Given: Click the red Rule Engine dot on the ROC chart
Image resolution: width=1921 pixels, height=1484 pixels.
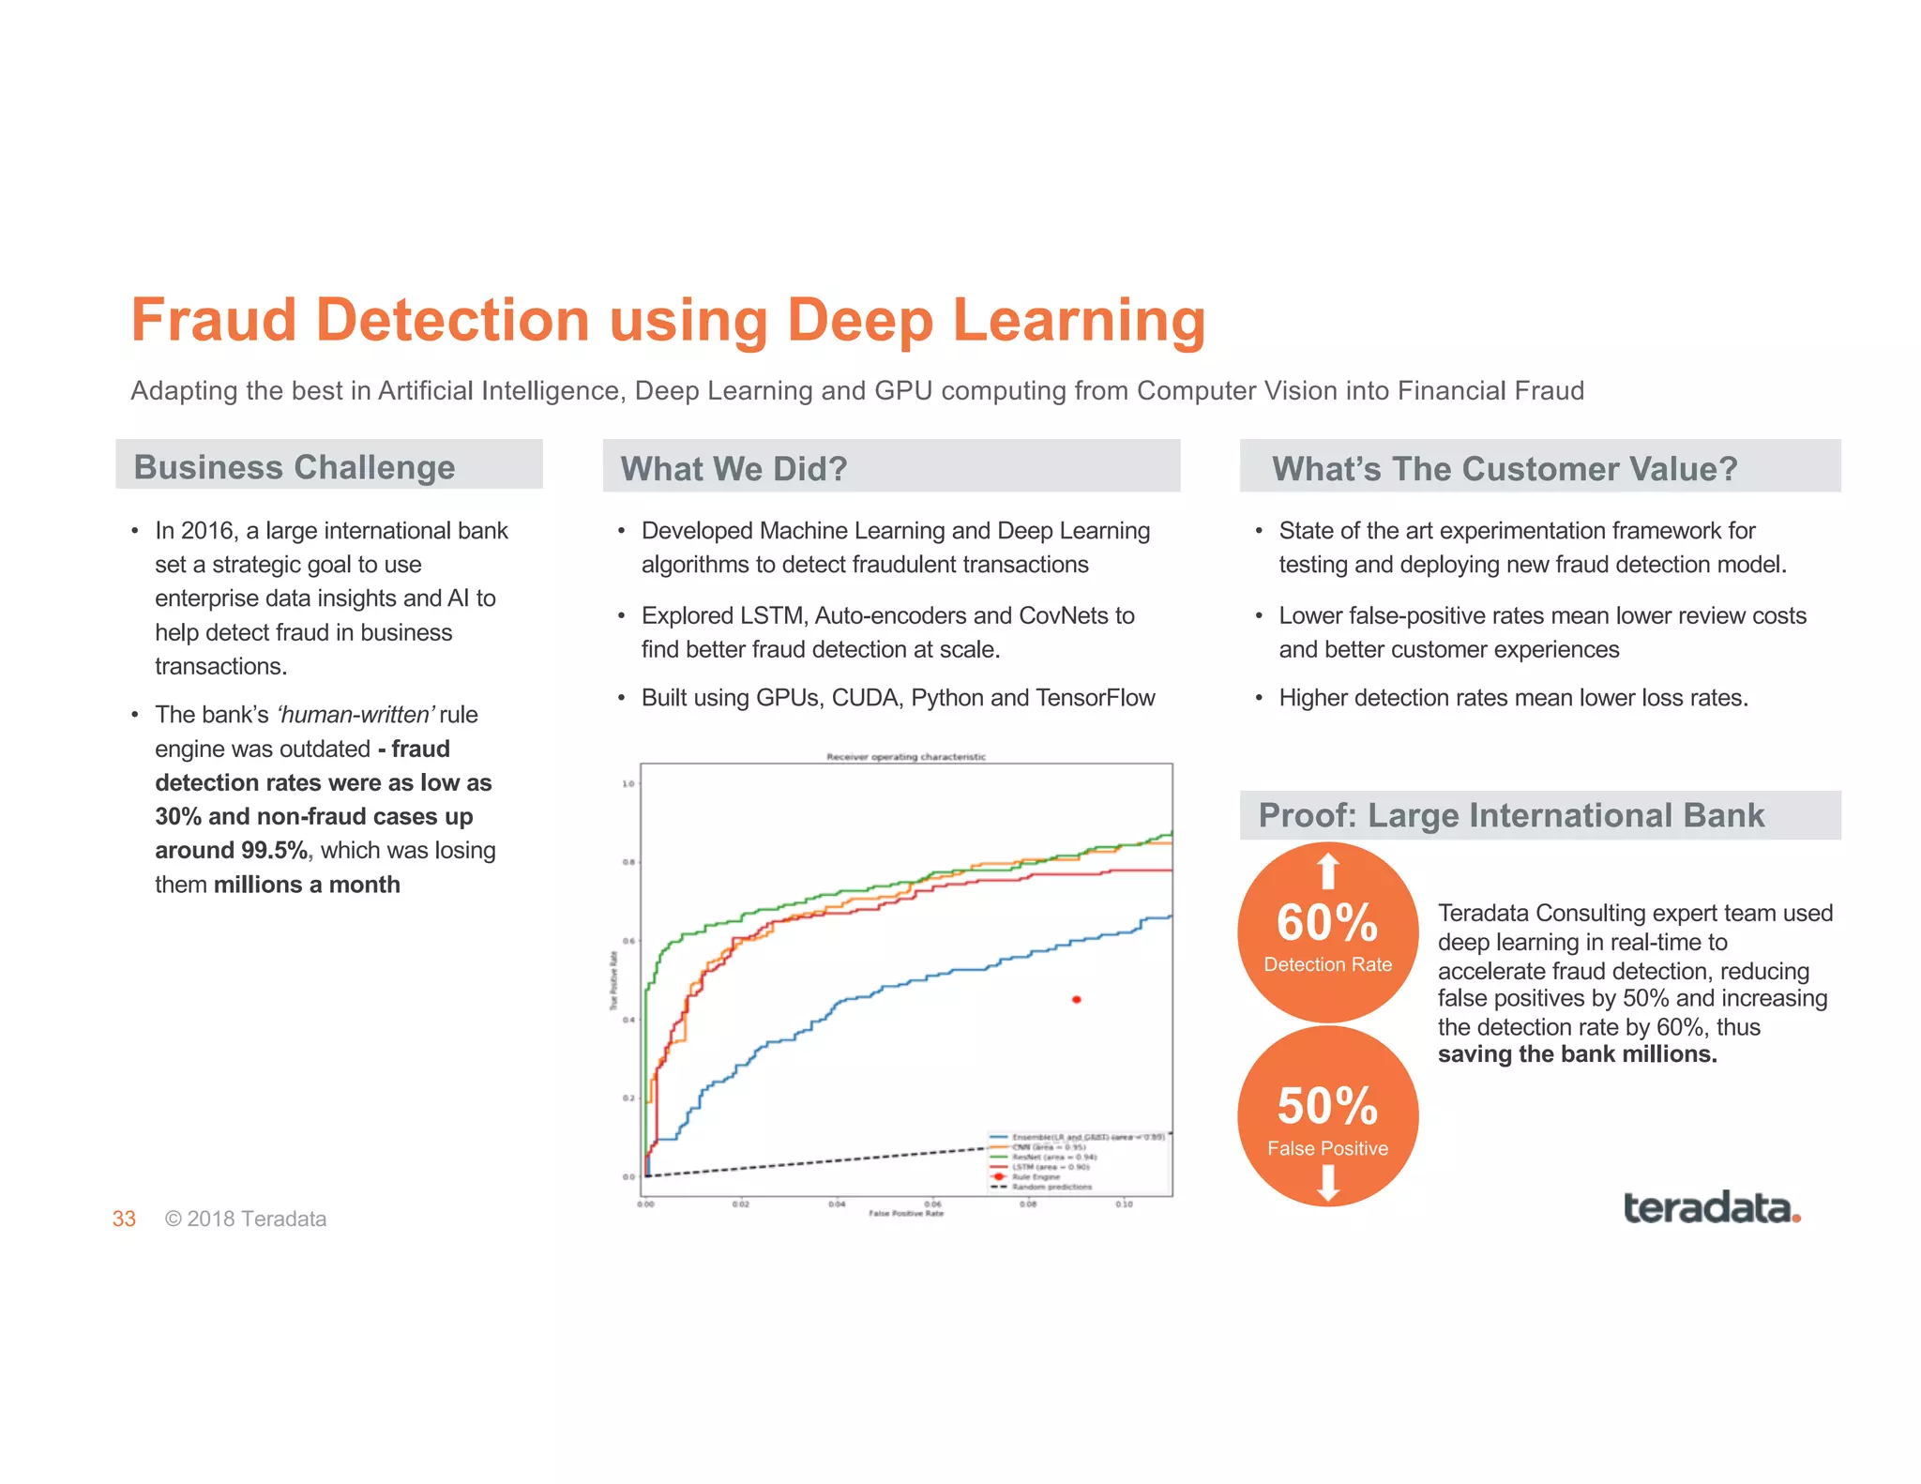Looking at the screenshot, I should coord(1076,1000).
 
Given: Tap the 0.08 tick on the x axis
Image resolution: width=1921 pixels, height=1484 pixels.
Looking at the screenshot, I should coord(1028,1204).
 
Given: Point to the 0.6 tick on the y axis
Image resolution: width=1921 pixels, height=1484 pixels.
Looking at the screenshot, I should coord(628,941).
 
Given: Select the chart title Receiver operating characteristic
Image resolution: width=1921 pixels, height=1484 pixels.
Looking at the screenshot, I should coord(905,757).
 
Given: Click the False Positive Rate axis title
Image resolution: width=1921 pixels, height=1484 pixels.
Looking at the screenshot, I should coord(905,1214).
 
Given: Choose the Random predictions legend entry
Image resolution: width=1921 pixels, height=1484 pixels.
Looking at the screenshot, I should coord(1051,1187).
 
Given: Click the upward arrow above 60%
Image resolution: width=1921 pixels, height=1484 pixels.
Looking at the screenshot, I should coord(1327,871).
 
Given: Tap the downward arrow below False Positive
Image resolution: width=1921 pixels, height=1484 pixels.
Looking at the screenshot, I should coord(1327,1182).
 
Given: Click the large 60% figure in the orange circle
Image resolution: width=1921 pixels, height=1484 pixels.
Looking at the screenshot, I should coord(1327,922).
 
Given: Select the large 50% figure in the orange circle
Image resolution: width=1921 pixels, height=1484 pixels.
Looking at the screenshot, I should coord(1327,1105).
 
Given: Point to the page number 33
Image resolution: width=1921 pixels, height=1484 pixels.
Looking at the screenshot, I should coord(124,1219).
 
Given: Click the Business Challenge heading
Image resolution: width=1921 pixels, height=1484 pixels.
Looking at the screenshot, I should coord(295,467).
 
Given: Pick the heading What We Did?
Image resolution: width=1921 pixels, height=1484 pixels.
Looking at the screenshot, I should coord(734,468).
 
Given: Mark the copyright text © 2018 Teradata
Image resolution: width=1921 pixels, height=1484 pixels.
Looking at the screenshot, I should coord(246,1219).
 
